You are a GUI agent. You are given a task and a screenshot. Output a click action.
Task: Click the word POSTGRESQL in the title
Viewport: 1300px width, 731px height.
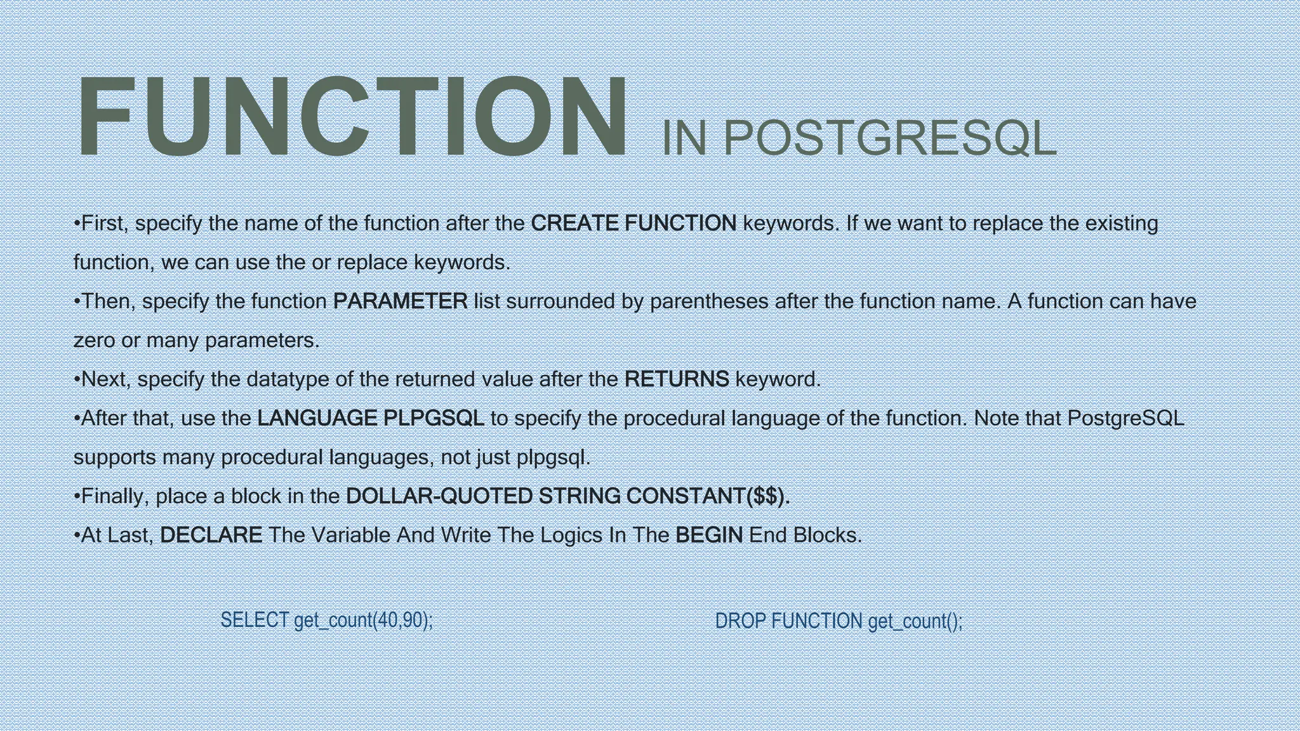tap(889, 138)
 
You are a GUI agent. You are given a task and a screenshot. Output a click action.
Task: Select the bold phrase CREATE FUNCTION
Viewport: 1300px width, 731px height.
tap(633, 223)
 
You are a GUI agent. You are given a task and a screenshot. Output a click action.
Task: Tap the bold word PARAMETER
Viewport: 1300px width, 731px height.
tap(400, 301)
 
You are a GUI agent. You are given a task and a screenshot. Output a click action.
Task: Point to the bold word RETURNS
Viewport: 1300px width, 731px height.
tap(677, 379)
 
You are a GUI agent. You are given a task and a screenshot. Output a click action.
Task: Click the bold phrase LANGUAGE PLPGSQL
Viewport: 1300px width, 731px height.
tap(371, 418)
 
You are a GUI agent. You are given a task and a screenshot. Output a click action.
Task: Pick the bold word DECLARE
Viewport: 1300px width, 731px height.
tap(211, 536)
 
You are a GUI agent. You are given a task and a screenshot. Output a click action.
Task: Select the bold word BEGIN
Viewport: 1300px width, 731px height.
tap(709, 536)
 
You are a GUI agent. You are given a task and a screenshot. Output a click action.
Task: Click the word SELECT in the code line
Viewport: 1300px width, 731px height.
tap(255, 620)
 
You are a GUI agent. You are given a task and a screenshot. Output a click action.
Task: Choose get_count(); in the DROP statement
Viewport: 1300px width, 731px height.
tap(915, 621)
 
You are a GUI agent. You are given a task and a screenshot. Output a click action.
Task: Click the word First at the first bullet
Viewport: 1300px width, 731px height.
tap(105, 223)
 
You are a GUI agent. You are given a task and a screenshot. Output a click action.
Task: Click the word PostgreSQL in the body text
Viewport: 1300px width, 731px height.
tap(1125, 418)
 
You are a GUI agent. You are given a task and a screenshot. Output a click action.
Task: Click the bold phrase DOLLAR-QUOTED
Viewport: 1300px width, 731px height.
tap(439, 496)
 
